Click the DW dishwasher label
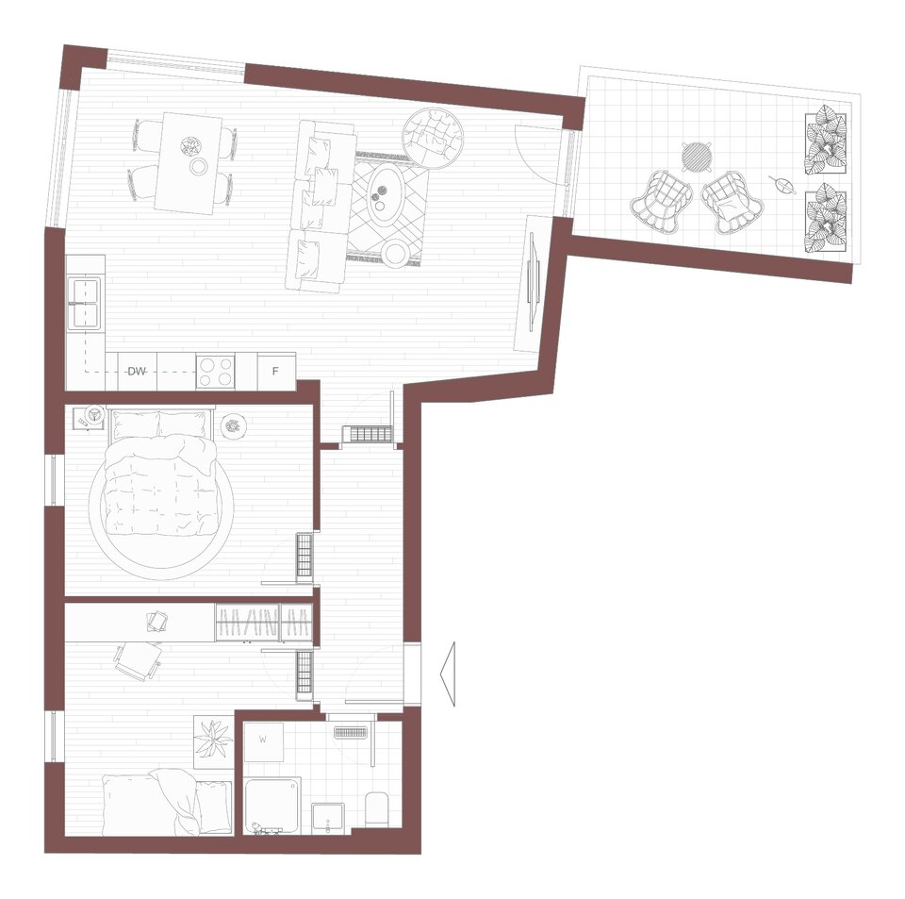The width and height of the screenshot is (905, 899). pyautogui.click(x=137, y=372)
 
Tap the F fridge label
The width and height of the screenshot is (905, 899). pyautogui.click(x=275, y=372)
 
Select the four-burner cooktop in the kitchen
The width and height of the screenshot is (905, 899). pyautogui.click(x=215, y=372)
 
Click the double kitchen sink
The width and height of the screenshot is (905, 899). pyautogui.click(x=84, y=303)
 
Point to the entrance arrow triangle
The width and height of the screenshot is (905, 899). pyautogui.click(x=447, y=674)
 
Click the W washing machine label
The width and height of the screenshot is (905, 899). pyautogui.click(x=263, y=739)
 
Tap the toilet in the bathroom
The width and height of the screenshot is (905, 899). pyautogui.click(x=378, y=809)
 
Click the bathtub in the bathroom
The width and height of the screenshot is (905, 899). pyautogui.click(x=271, y=806)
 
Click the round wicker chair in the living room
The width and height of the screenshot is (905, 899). pyautogui.click(x=434, y=139)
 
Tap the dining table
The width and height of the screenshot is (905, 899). pyautogui.click(x=189, y=163)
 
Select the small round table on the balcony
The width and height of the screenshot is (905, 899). pyautogui.click(x=697, y=156)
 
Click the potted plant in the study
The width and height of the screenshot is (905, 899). pyautogui.click(x=214, y=741)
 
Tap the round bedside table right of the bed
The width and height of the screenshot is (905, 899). pyautogui.click(x=234, y=425)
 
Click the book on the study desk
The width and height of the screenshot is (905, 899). pyautogui.click(x=157, y=622)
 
